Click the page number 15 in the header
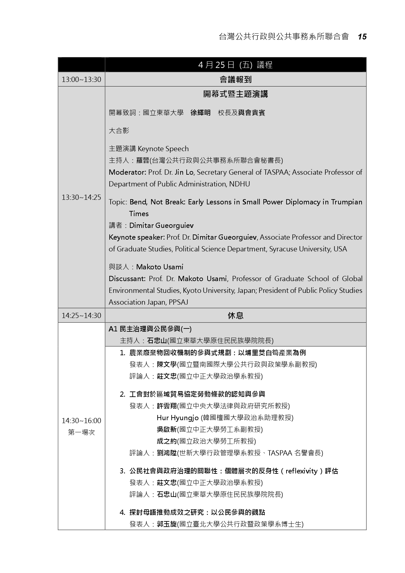362,37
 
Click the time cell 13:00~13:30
81,79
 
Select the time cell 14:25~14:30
81,315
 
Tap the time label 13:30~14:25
81,197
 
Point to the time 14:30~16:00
81,421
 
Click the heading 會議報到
235,79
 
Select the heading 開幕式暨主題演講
235,94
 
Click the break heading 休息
235,315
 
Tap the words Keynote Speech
163,149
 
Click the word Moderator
127,172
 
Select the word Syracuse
283,249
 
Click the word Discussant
127,279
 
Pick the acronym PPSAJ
178,302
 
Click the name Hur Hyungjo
178,418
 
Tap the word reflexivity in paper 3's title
301,471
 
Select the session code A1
113,329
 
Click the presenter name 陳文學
166,364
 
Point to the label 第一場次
81,432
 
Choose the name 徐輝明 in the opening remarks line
200,113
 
